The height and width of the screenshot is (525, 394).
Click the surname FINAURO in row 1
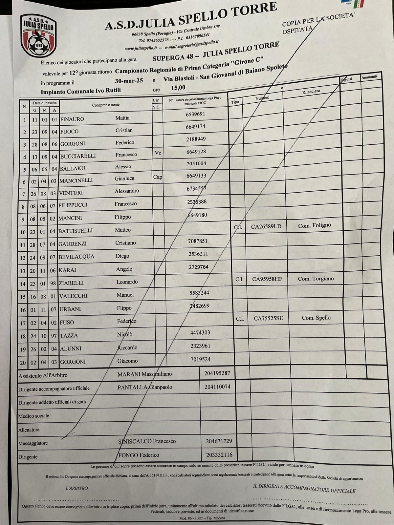click(72, 119)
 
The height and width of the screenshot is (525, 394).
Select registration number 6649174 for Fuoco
click(195, 127)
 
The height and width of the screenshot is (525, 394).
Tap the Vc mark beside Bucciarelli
click(158, 153)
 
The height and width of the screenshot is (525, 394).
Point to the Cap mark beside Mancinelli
click(158, 177)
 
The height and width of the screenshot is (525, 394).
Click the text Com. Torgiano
click(316, 279)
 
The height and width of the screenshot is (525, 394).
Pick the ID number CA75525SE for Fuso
click(268, 318)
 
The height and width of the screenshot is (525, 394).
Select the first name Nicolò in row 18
click(124, 335)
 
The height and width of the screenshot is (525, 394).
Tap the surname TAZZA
click(69, 336)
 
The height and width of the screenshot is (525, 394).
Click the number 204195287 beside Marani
click(217, 373)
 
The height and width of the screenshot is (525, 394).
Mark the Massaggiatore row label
click(33, 443)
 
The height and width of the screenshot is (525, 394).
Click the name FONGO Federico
click(139, 455)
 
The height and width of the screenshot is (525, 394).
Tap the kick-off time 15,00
click(178, 88)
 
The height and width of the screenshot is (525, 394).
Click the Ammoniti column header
click(369, 77)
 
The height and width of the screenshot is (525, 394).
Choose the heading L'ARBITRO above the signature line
click(77, 488)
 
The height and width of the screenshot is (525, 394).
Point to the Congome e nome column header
click(106, 105)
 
